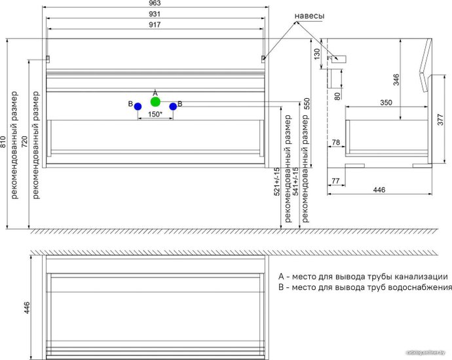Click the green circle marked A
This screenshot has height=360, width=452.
[155, 101]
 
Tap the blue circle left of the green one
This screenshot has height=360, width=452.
[138, 107]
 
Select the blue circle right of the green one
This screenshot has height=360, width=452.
[173, 107]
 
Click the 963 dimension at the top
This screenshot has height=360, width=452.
[155, 3]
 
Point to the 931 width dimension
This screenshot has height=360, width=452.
[155, 14]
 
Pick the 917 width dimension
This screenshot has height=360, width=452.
[155, 25]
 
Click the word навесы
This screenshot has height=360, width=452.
[309, 16]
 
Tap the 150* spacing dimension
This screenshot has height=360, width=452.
[155, 114]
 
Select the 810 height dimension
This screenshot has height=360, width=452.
[3, 141]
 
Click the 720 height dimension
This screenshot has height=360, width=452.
[25, 141]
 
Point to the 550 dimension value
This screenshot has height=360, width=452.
[306, 103]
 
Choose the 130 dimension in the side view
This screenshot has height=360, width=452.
[316, 54]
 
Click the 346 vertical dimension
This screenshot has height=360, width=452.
[396, 80]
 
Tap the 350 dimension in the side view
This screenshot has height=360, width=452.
[386, 103]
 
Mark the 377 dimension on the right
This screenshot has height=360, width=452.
[441, 120]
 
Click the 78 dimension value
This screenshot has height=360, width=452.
[336, 142]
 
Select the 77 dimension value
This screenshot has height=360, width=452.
[335, 181]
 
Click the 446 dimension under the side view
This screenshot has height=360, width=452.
[379, 190]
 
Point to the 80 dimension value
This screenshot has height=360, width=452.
[337, 96]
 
